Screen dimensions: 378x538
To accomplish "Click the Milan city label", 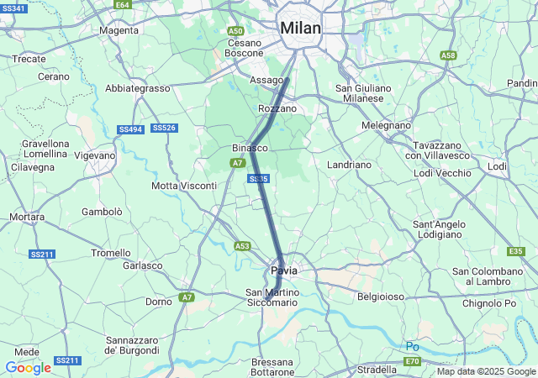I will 300,28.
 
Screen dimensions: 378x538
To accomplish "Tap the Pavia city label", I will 283,270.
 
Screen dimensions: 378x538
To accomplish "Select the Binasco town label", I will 249,148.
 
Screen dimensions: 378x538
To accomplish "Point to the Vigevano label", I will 94,155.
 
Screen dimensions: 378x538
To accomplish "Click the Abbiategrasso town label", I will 138,88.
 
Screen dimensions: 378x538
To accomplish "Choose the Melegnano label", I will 386,125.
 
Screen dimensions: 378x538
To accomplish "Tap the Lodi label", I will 497,166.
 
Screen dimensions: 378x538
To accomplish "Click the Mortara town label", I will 27,217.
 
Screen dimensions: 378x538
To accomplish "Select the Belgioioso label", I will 381,297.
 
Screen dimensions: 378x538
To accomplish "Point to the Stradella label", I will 377,370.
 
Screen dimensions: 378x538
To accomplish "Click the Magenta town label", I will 119,31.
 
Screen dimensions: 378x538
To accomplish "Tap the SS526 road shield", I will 164,128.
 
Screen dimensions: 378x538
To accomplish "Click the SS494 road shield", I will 130,129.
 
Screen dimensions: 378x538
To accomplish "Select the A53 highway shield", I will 242,246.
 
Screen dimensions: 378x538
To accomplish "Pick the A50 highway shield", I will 236,31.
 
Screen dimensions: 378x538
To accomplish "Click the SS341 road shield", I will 14,8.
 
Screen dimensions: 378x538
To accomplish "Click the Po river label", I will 412,346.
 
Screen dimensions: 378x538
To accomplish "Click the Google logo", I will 28,368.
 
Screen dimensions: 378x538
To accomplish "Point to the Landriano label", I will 349,165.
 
